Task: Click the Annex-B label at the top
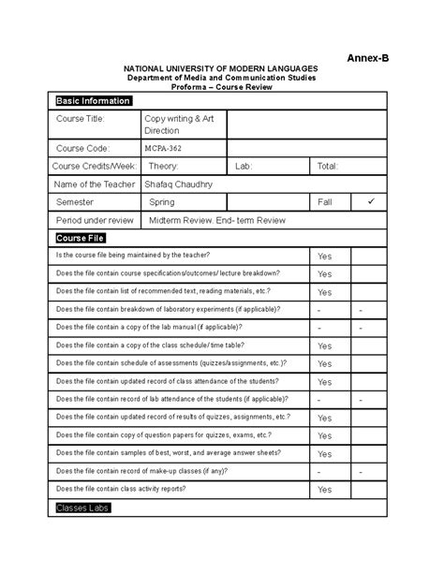pos(368,58)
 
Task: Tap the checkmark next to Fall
pos(370,201)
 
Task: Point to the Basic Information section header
pos(94,101)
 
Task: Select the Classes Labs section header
pos(82,508)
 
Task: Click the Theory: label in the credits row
pos(163,166)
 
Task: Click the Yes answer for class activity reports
pos(324,490)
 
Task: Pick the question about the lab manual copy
pos(149,327)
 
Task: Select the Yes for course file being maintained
pos(324,256)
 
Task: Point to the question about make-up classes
pos(155,471)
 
